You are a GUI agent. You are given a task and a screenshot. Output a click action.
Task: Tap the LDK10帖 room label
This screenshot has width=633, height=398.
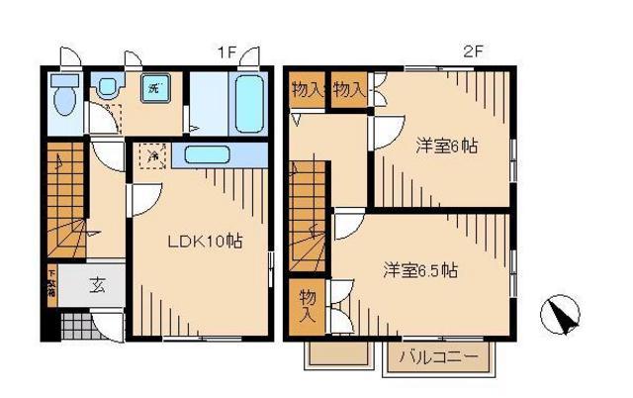click(207, 241)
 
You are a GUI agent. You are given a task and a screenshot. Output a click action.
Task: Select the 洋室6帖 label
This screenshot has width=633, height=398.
click(446, 147)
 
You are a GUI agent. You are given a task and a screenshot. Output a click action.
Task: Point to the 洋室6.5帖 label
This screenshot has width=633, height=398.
click(420, 269)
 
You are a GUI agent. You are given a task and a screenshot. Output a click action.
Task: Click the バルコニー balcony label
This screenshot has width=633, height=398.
click(439, 357)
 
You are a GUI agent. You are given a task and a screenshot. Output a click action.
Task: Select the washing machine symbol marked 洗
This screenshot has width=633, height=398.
click(154, 88)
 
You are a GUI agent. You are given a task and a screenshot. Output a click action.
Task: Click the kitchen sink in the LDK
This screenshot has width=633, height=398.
click(207, 155)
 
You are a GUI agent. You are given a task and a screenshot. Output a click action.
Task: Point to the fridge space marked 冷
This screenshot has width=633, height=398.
click(151, 154)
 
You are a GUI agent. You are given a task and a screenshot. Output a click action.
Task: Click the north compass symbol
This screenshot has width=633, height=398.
click(560, 318)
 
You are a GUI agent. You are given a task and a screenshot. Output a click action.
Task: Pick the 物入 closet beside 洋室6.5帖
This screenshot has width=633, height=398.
click(309, 304)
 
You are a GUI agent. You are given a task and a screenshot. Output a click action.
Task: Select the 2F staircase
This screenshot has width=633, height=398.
click(310, 219)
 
